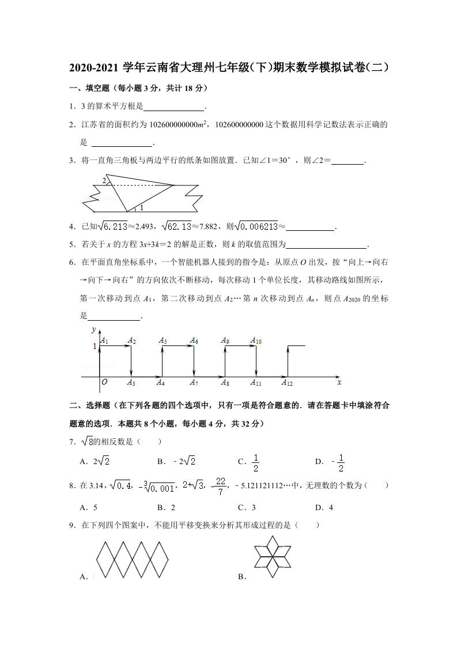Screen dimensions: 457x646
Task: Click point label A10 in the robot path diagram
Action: click(256, 341)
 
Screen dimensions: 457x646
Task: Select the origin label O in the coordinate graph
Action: click(104, 382)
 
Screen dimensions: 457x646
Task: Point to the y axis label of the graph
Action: click(93, 330)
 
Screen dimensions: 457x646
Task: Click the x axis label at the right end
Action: click(339, 382)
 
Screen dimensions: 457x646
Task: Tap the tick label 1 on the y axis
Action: click(95, 347)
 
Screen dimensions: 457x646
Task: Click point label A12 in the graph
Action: click(287, 382)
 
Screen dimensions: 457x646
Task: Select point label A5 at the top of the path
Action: click(163, 341)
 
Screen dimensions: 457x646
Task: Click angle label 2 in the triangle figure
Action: click(104, 181)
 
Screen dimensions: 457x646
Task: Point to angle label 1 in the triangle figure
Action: click(141, 207)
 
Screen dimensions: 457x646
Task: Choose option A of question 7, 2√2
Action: click(95, 461)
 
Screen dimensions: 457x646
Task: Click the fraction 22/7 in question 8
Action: click(219, 486)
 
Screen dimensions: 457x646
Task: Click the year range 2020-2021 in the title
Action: click(94, 67)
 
